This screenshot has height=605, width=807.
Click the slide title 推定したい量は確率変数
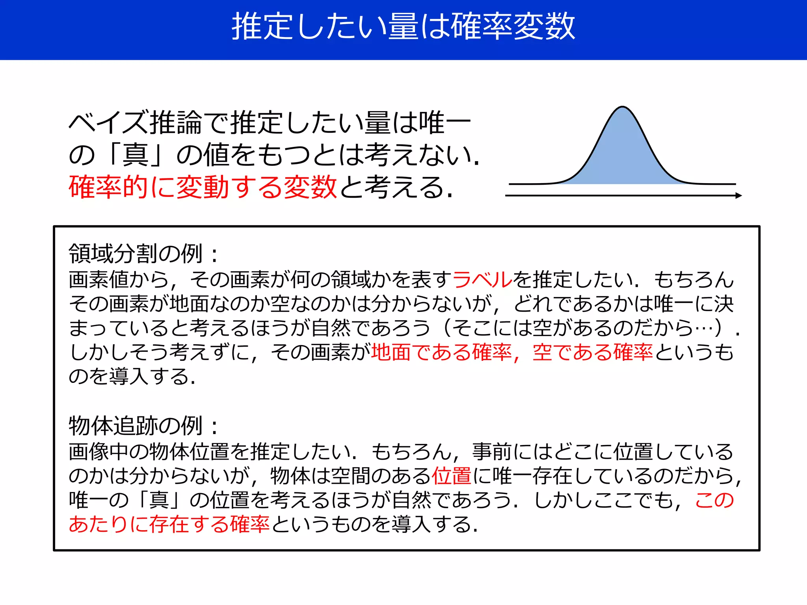[x=403, y=27]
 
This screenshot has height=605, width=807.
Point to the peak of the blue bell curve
[x=622, y=108]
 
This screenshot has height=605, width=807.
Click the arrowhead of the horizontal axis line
[x=738, y=195]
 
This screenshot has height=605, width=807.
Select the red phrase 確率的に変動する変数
[x=203, y=187]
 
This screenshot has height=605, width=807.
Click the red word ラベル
[x=482, y=280]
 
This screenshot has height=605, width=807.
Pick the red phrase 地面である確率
[x=441, y=352]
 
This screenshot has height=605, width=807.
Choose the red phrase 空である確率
[x=593, y=352]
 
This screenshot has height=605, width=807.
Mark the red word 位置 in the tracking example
[x=452, y=476]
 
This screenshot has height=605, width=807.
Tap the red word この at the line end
[x=714, y=500]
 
